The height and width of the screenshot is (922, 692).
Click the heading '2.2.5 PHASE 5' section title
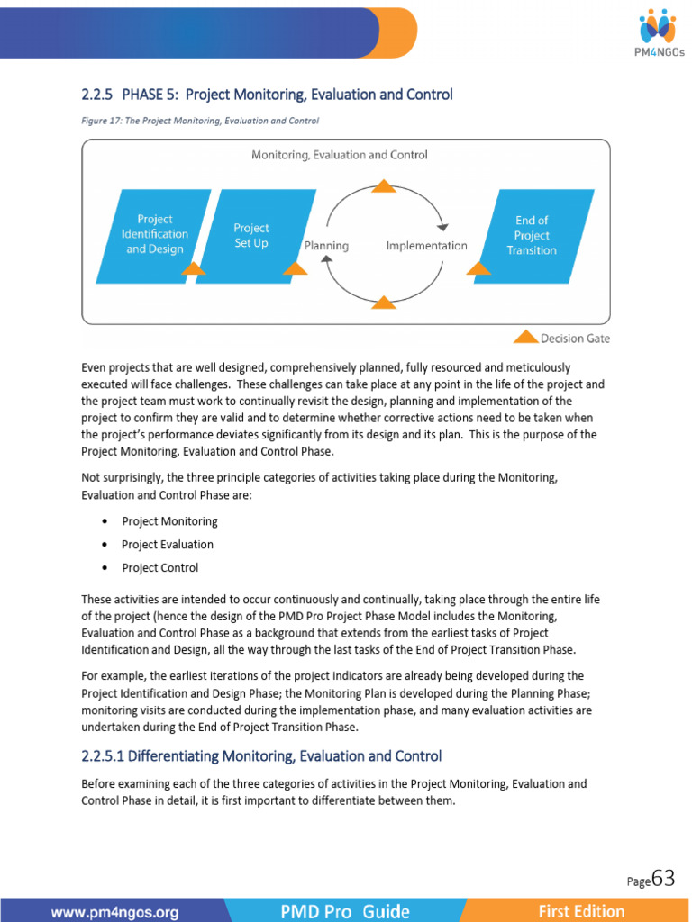pyautogui.click(x=267, y=95)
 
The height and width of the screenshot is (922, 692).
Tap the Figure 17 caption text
pyautogui.click(x=200, y=120)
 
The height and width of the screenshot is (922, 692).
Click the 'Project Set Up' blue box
pyautogui.click(x=252, y=235)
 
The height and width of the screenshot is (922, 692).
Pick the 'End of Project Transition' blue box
pyautogui.click(x=533, y=235)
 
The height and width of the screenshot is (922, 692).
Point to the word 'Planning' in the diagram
pyautogui.click(x=326, y=245)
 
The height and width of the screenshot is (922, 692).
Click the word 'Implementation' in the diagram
pyautogui.click(x=426, y=245)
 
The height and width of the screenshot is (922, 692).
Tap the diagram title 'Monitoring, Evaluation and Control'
pyautogui.click(x=339, y=155)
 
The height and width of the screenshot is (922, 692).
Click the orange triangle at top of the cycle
pyautogui.click(x=384, y=186)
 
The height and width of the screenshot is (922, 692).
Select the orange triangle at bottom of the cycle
pyautogui.click(x=384, y=303)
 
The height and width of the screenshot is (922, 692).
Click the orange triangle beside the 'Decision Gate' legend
pyautogui.click(x=525, y=337)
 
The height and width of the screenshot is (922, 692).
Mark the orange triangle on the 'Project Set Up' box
pyautogui.click(x=295, y=268)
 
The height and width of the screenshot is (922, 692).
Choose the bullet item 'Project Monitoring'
pyautogui.click(x=169, y=521)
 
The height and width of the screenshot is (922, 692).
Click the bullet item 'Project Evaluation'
pyautogui.click(x=168, y=545)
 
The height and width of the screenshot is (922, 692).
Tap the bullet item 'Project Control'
pyautogui.click(x=160, y=568)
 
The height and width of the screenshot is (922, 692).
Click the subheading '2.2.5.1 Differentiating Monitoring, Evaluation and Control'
pyautogui.click(x=261, y=756)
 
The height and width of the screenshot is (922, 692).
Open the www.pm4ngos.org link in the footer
pyautogui.click(x=114, y=911)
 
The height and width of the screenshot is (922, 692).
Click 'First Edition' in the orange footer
pyautogui.click(x=581, y=911)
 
